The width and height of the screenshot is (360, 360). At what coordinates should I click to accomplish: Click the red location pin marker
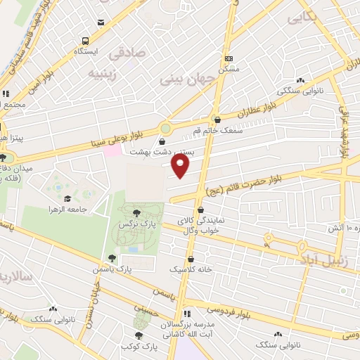(181, 165)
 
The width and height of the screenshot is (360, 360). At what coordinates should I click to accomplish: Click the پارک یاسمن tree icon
(111, 258)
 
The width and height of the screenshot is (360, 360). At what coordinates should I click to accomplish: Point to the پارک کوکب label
(136, 347)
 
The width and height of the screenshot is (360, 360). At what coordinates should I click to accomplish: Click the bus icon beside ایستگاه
(86, 41)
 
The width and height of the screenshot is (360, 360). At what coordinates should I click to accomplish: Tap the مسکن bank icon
(229, 59)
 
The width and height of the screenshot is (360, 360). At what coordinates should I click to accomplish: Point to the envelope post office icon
(101, 22)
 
